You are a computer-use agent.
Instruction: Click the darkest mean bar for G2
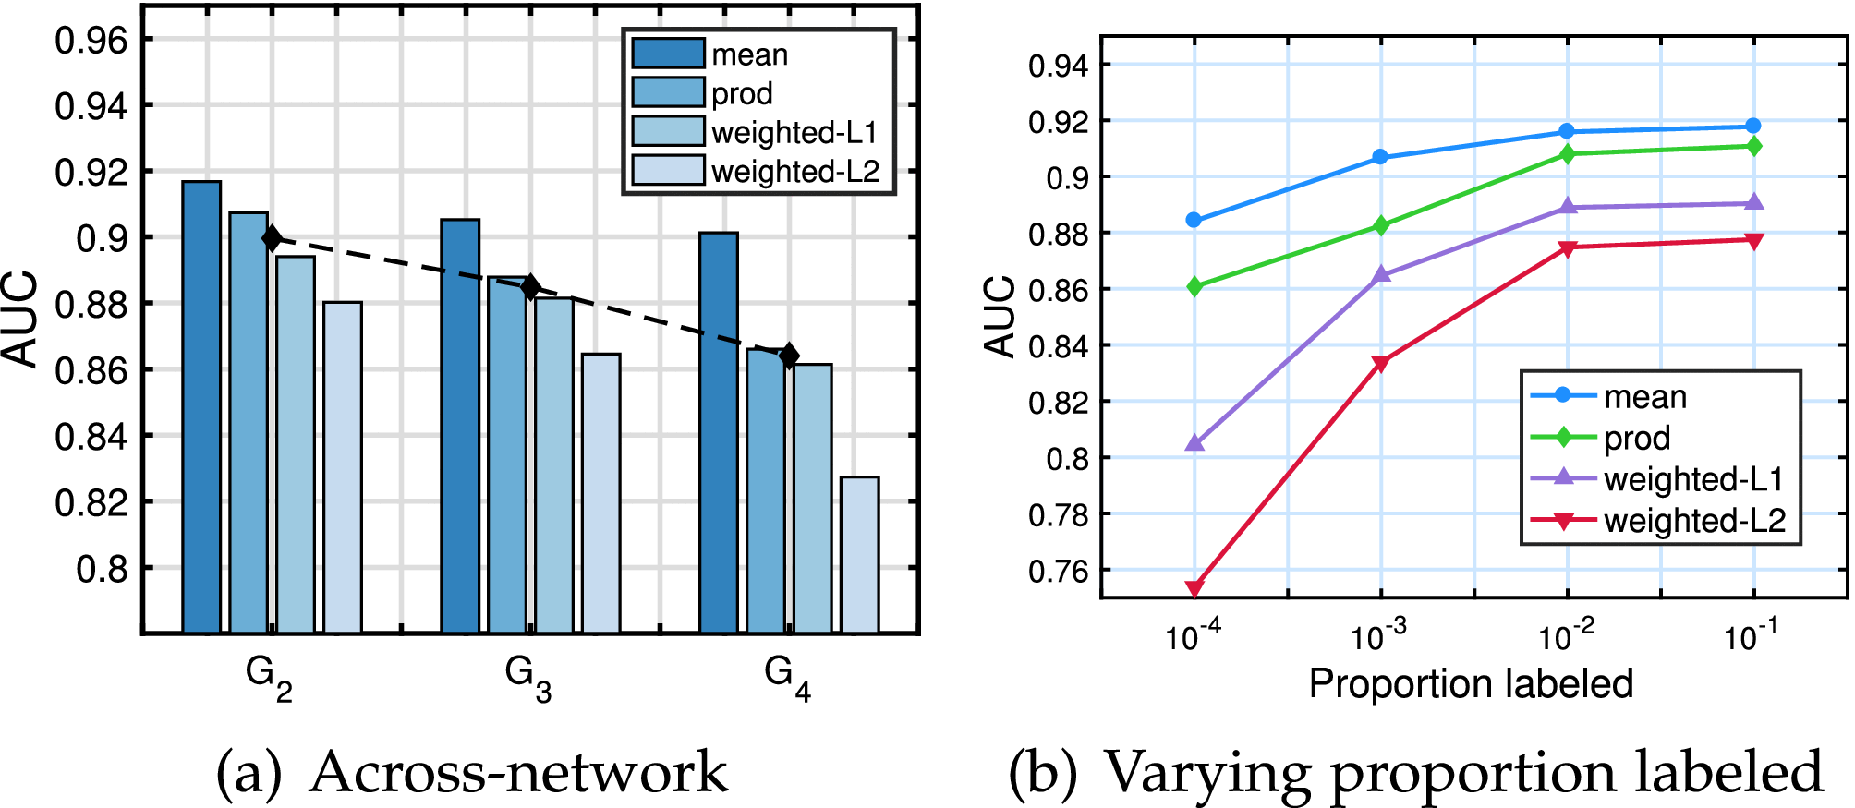click(x=201, y=406)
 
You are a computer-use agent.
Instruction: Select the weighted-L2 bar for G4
click(x=860, y=554)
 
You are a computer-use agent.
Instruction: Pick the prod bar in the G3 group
click(x=506, y=452)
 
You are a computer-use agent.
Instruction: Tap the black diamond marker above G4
click(x=789, y=356)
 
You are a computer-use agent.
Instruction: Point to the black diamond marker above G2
click(x=272, y=238)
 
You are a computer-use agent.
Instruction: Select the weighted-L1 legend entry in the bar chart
click(x=794, y=132)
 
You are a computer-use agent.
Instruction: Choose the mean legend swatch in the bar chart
click(x=668, y=54)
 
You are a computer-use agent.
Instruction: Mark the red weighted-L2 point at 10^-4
click(x=1194, y=588)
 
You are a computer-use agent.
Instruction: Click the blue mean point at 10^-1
click(x=1753, y=126)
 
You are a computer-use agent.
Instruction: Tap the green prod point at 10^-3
click(x=1381, y=225)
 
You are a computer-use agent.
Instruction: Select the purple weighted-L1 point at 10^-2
click(x=1568, y=207)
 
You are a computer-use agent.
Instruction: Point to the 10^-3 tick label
click(x=1378, y=636)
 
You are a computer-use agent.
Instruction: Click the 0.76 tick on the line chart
click(x=1058, y=571)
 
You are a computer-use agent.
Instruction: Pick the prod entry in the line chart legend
click(x=1636, y=438)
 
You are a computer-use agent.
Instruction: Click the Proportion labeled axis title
click(x=1471, y=684)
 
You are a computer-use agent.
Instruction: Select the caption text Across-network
click(x=518, y=772)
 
